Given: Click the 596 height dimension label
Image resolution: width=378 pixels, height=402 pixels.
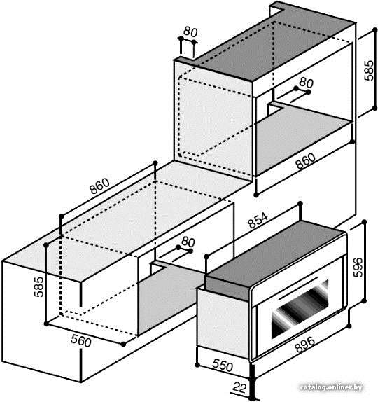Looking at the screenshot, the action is tap(358, 268).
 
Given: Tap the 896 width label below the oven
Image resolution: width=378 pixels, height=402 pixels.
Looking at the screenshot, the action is tap(304, 345).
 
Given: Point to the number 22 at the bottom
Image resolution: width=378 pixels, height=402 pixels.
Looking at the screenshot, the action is tap(240, 388).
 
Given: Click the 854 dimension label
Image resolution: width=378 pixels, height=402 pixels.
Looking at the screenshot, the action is tap(258, 220).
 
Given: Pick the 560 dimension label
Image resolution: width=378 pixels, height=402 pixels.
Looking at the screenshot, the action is tap(81, 341).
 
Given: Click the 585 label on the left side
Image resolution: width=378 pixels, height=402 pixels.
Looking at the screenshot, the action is tap(39, 286).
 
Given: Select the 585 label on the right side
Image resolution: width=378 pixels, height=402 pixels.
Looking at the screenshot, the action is tap(369, 70).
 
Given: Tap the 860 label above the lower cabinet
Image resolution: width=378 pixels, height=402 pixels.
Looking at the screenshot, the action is tap(99, 186).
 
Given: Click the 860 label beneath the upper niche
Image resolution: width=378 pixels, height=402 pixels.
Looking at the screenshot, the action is tap(305, 161).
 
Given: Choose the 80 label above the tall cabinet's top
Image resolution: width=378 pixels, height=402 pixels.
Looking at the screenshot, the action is tap(190, 32).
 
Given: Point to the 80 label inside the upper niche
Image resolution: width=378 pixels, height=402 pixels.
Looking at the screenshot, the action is tap(306, 83).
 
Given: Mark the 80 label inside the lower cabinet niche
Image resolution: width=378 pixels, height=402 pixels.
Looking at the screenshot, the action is tap(188, 242).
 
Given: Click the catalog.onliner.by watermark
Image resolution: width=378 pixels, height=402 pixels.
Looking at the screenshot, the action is tap(331, 387).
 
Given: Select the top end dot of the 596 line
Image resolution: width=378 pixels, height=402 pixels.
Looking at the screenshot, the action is tap(364, 222).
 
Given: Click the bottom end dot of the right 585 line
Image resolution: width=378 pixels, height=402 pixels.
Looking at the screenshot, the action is tap(374, 108).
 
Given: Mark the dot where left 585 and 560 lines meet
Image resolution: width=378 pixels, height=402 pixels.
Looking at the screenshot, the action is tap(46, 324).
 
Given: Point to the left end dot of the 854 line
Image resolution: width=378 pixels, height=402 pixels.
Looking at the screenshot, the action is tap(206, 256).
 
